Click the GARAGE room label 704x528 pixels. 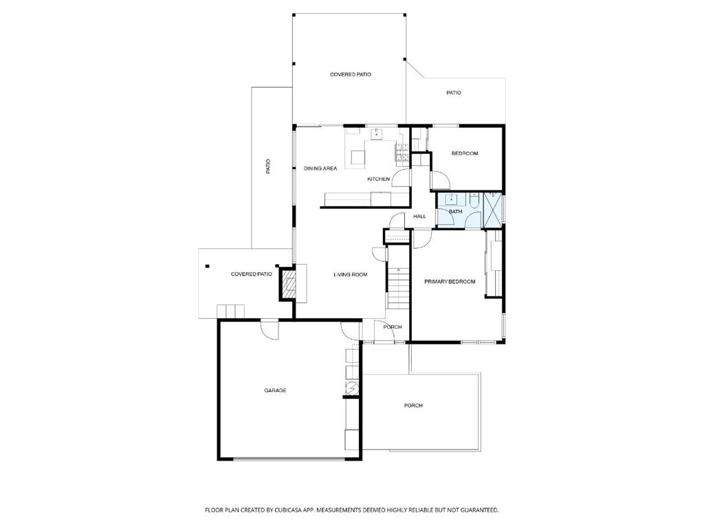point(275,390)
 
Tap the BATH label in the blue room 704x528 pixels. point(455,212)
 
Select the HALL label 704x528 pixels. point(420,217)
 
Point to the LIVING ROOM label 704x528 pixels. point(350,275)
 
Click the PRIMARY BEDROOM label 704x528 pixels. point(450,282)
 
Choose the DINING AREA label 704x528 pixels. point(320,169)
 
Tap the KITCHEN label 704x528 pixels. point(379,179)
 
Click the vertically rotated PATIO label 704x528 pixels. point(269,166)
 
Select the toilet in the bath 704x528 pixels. point(474,200)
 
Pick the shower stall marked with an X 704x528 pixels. point(492,210)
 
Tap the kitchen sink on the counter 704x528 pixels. point(376,134)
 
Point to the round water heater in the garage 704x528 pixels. point(351,388)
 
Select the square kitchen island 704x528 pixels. point(357,157)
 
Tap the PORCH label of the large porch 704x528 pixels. point(413,406)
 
